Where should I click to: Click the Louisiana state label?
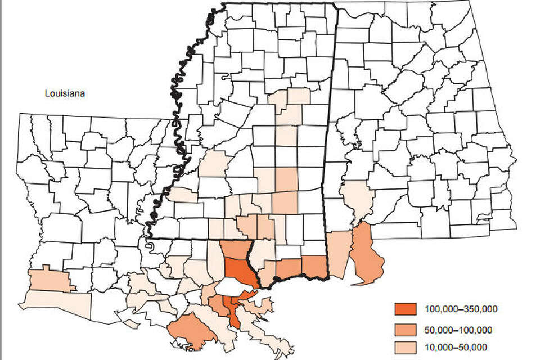pos(65,94)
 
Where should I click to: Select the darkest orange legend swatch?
pos(404,309)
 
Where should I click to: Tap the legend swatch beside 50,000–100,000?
pos(404,329)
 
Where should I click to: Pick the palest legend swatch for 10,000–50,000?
pos(404,347)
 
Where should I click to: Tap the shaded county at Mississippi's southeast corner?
pos(314,265)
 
